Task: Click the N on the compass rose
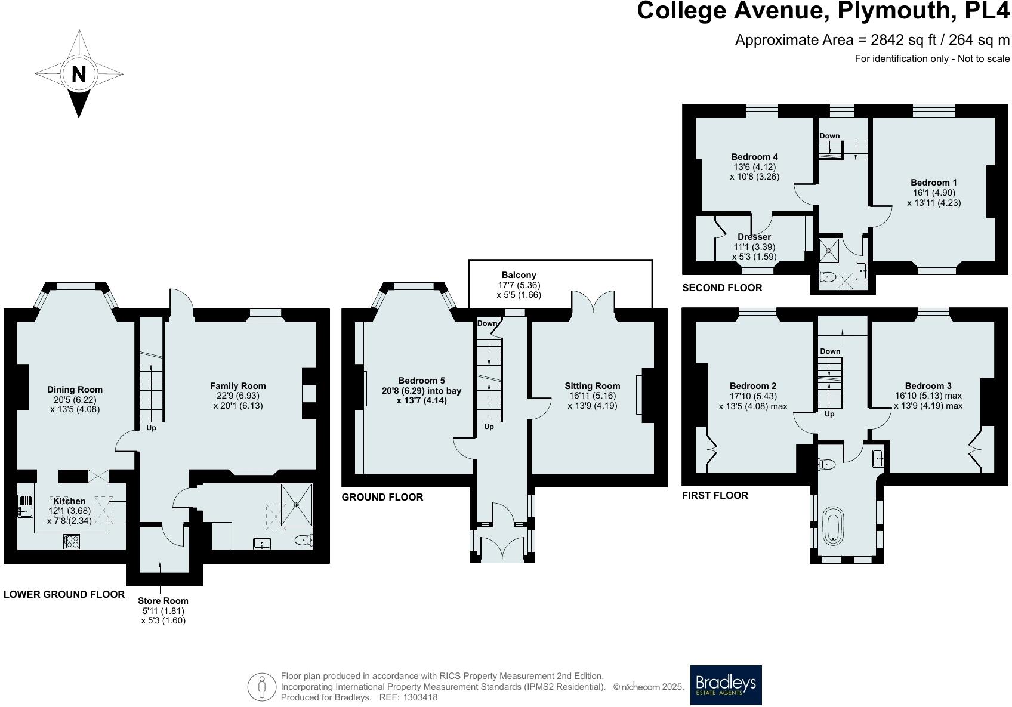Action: (x=79, y=75)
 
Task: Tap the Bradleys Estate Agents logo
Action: (x=726, y=685)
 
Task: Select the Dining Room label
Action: (x=75, y=390)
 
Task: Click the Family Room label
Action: (x=237, y=386)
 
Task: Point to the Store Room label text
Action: (x=163, y=601)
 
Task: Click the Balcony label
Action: (x=519, y=275)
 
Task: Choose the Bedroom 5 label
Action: (x=421, y=381)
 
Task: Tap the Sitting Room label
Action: (x=592, y=386)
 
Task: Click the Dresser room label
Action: (x=754, y=237)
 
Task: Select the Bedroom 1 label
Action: (x=933, y=183)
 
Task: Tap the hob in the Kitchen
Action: (x=72, y=542)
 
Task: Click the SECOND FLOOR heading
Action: (x=722, y=288)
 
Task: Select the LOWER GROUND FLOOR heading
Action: (x=64, y=594)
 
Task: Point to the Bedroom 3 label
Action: (x=928, y=386)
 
